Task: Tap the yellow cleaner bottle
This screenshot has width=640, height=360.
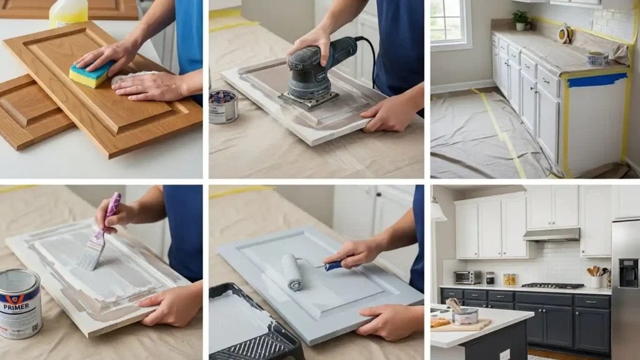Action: click(68, 12)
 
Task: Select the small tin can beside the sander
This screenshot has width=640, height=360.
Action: click(223, 106)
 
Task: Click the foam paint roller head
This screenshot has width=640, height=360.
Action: click(292, 272)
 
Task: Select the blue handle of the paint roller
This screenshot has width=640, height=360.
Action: click(332, 266)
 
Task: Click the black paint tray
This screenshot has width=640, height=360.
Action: click(250, 325)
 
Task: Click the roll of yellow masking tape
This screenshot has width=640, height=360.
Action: click(564, 34)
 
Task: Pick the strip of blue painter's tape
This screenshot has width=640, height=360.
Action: click(597, 79)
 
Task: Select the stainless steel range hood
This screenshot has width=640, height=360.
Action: click(551, 235)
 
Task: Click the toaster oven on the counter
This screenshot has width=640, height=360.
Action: click(467, 277)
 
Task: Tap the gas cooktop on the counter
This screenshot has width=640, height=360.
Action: click(552, 286)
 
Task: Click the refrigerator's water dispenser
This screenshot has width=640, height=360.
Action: click(628, 273)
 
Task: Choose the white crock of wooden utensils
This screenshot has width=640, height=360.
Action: click(596, 281)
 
